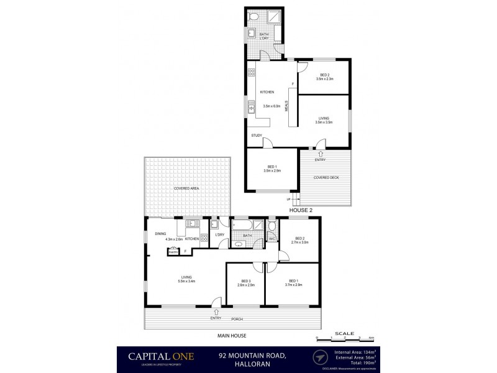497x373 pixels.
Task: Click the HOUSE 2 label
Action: point(301,210)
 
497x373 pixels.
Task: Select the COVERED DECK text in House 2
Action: point(326,178)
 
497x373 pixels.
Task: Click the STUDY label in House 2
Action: point(256,136)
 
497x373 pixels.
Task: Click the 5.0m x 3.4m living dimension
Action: point(187,281)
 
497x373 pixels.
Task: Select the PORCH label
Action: point(236,319)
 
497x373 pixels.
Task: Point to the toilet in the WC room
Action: point(272,227)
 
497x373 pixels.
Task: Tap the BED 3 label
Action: point(245,280)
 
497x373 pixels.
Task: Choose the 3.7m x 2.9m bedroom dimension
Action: point(293,285)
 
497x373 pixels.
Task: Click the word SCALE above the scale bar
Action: point(340,333)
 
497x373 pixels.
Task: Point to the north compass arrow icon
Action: point(320,357)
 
